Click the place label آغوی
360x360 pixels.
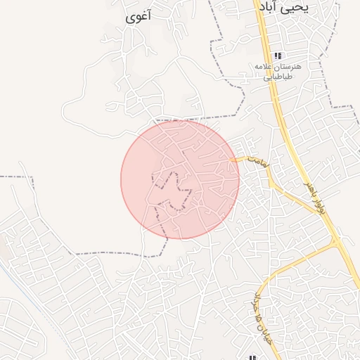[x=137, y=18]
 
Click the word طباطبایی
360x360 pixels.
[x=278, y=77]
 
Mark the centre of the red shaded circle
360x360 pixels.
[x=180, y=179]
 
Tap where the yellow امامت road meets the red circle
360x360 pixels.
[x=237, y=161]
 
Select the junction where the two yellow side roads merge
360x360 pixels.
[x=334, y=245]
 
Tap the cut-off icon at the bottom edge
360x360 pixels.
[x=251, y=356]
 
